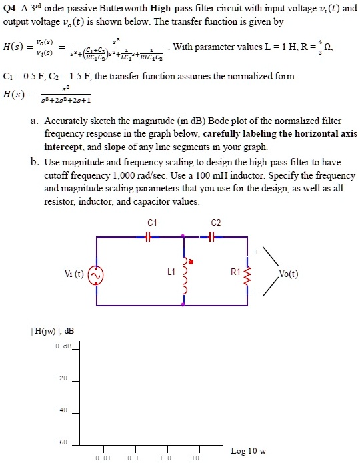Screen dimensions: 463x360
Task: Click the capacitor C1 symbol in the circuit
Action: click(x=148, y=236)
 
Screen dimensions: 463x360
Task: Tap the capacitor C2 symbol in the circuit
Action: click(x=211, y=236)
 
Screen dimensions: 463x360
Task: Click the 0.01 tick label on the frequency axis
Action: click(x=103, y=458)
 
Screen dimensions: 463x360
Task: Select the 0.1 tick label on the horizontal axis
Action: click(x=134, y=458)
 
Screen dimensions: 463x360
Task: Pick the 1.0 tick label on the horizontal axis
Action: click(x=165, y=458)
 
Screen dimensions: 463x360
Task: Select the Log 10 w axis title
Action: click(x=248, y=451)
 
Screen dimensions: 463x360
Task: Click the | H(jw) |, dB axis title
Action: click(x=36, y=331)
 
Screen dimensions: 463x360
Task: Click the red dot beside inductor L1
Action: click(x=192, y=261)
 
